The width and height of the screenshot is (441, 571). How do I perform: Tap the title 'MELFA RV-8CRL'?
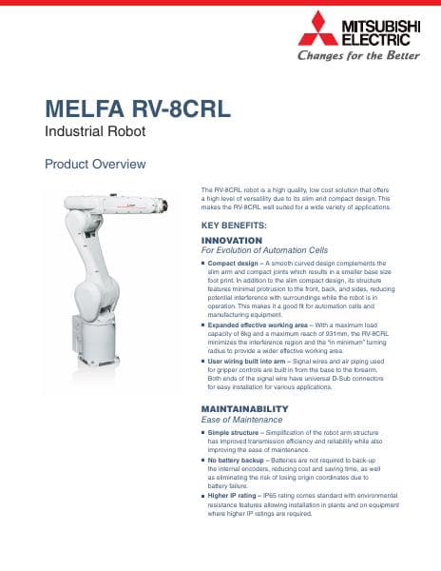tap(137, 108)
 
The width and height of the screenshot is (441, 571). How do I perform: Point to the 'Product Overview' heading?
tap(95, 165)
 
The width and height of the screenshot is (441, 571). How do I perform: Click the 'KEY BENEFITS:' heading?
tap(234, 225)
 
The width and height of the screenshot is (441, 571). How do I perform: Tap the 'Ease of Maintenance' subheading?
tap(242, 419)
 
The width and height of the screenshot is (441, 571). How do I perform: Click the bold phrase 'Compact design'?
tap(233, 262)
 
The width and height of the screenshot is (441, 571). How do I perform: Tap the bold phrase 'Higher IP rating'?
tap(237, 498)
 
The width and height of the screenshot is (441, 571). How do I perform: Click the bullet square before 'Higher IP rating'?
tap(203, 498)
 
